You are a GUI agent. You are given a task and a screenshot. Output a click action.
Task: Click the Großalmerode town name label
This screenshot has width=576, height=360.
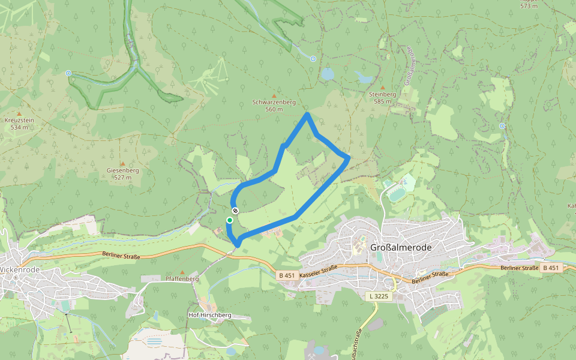tap(401, 247)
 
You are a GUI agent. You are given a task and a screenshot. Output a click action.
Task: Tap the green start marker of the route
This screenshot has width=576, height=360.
tap(229, 220)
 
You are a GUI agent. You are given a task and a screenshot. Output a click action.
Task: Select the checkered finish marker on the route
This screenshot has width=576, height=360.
tap(236, 211)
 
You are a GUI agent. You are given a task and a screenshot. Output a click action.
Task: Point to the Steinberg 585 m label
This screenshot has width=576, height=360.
tap(382, 98)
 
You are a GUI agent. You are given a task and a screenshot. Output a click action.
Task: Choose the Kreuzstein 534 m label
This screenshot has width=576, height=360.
tap(19, 124)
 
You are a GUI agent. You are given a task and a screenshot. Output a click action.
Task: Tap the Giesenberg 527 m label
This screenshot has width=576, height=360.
tap(122, 173)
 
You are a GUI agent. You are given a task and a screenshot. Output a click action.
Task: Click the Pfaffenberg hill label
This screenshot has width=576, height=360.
tap(182, 278)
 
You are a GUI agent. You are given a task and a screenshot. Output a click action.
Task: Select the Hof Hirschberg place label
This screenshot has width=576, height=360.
tap(209, 315)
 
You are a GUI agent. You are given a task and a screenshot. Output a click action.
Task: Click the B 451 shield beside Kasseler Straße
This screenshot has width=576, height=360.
tap(287, 275)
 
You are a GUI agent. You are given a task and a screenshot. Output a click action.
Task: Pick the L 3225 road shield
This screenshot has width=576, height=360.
tap(379, 296)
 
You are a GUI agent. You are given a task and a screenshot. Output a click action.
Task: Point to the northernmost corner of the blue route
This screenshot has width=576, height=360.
tap(307, 113)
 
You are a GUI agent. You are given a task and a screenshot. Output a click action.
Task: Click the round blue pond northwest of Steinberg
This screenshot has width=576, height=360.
tap(327, 74)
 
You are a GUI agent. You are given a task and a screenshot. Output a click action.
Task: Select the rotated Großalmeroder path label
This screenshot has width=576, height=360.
tap(410, 66)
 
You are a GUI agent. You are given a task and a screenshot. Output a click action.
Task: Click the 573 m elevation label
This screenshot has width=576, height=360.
tap(528, 6)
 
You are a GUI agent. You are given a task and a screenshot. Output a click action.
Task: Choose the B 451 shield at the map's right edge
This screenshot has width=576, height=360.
tap(551, 267)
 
